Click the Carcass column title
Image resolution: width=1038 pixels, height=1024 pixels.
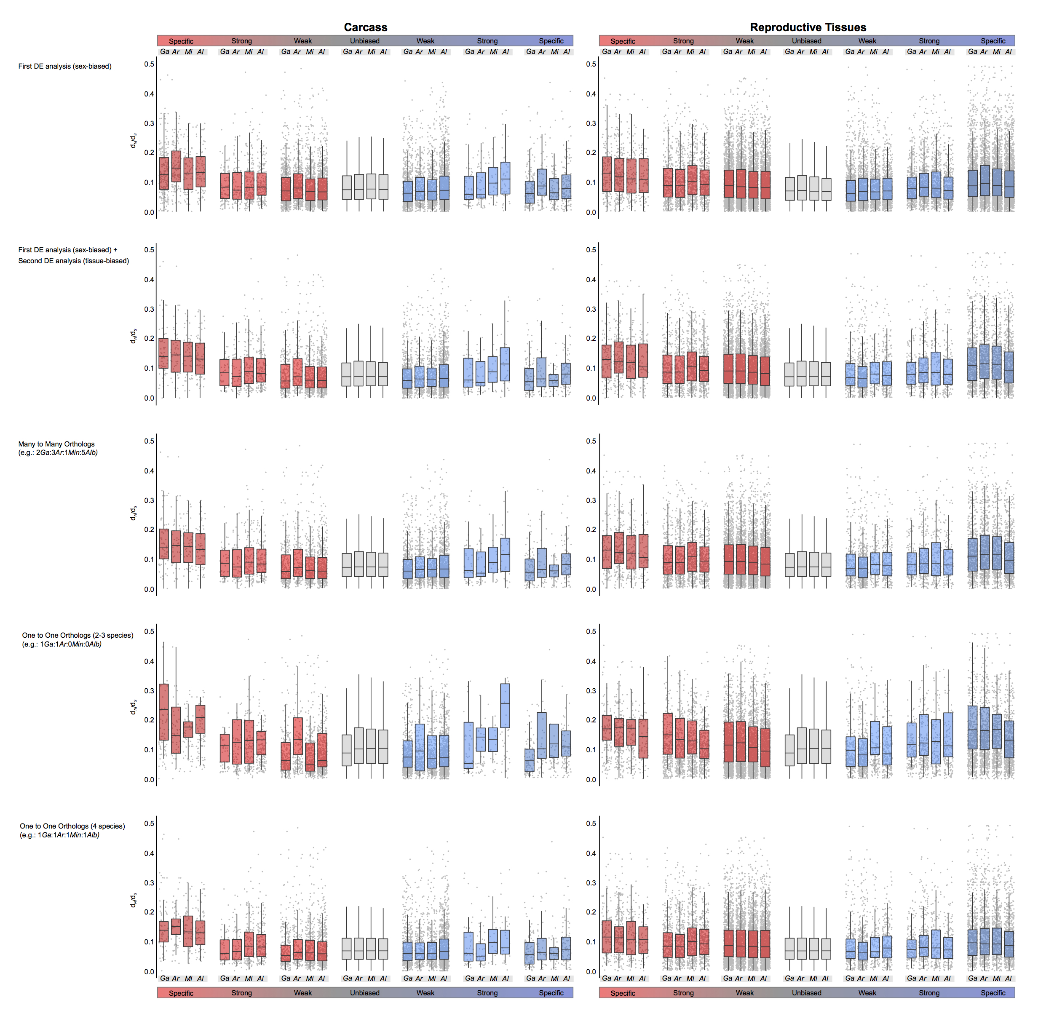365,27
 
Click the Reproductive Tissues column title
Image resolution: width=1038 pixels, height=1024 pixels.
808,27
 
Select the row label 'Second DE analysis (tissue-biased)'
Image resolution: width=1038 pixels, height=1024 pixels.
74,261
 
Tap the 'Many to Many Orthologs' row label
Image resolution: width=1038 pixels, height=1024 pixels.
56,444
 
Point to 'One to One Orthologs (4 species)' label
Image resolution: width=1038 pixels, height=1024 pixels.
72,826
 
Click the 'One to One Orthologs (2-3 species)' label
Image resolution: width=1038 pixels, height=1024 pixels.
78,636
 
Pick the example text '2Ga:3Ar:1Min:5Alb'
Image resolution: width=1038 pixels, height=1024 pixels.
67,453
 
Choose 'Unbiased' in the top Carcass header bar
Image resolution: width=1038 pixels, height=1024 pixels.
365,41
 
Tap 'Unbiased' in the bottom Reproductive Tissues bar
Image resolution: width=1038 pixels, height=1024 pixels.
806,993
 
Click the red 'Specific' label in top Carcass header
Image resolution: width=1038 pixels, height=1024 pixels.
181,41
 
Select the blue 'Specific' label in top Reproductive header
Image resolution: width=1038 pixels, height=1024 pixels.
993,41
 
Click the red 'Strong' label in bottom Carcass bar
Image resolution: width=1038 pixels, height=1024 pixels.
242,993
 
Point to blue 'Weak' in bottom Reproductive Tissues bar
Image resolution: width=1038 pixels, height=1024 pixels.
867,993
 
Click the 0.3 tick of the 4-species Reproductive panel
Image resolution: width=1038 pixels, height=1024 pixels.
591,883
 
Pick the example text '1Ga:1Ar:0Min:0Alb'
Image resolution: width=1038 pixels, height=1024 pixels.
70,644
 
